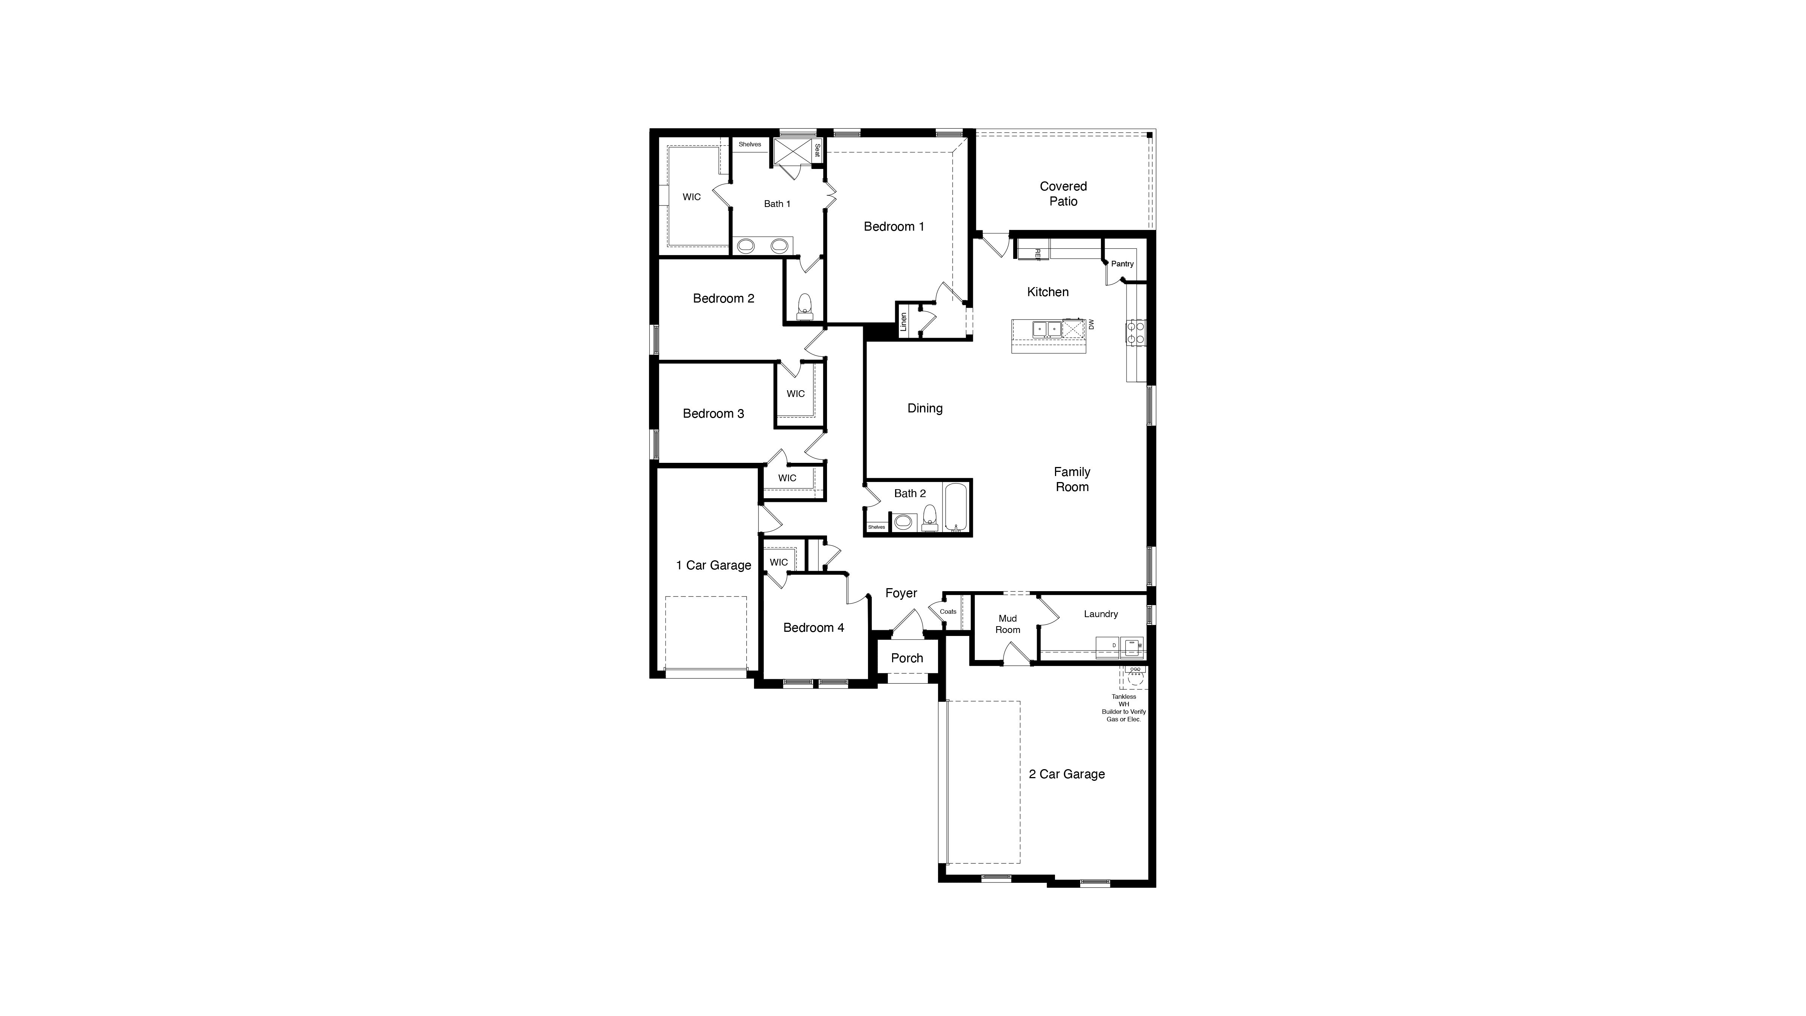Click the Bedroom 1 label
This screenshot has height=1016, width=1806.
coord(894,227)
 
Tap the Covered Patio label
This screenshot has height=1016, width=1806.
coord(1063,193)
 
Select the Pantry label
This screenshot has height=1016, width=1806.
coord(1122,264)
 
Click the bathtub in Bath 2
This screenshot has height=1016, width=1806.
coord(955,506)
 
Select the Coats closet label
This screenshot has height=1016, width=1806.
coord(948,611)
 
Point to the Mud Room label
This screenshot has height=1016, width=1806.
coord(1008,624)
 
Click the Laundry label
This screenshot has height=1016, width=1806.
coord(1101,614)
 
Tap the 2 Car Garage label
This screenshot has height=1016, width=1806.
coord(1066,774)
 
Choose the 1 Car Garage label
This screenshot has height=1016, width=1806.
coord(713,565)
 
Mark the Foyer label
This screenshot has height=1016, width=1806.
coord(901,593)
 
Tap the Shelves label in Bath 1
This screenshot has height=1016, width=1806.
coord(749,144)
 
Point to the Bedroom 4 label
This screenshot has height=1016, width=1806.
coord(813,628)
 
